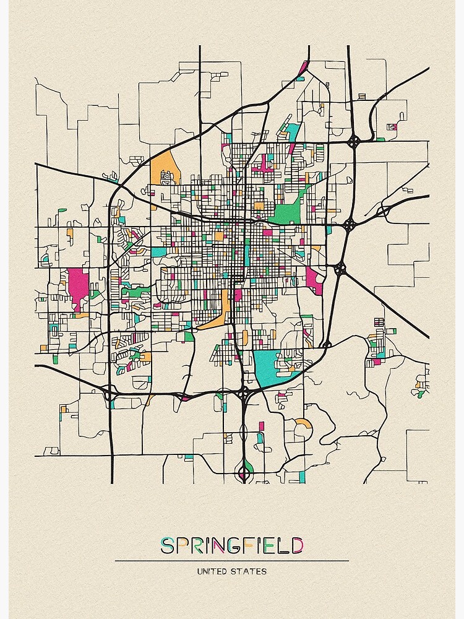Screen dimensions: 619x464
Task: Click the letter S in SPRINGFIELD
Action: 166,545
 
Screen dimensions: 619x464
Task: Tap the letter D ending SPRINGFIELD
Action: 298,545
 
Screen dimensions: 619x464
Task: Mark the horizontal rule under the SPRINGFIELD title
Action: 231,561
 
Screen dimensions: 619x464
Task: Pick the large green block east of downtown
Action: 286,213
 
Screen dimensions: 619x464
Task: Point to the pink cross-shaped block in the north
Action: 265,164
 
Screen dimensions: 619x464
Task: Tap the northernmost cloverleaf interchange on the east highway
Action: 353,142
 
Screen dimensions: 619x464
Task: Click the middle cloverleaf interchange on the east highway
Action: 349,224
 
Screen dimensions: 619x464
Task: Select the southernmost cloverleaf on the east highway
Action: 340,269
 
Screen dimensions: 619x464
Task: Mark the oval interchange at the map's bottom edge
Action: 244,474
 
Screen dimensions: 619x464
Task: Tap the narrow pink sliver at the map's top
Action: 303,67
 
